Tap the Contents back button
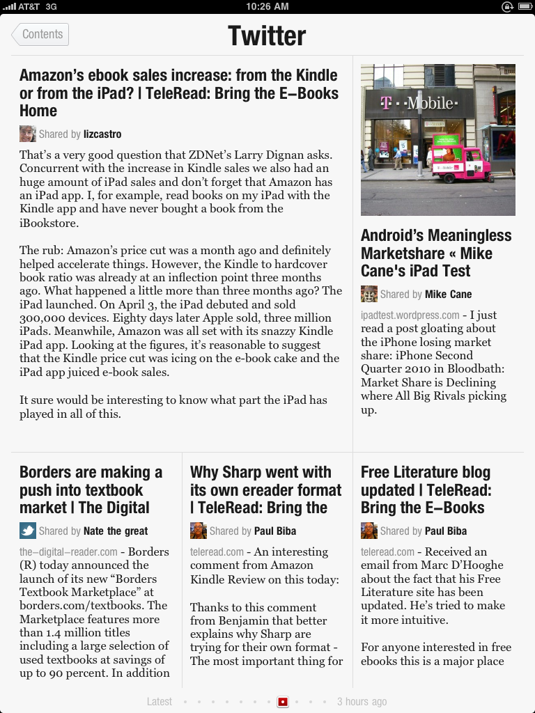click(x=40, y=34)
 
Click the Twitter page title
click(x=267, y=36)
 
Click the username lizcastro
click(x=102, y=134)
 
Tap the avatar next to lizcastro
click(x=27, y=134)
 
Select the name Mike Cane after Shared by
click(x=448, y=294)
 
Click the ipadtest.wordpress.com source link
click(x=410, y=315)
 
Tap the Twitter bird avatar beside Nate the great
click(x=27, y=531)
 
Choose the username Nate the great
click(x=116, y=531)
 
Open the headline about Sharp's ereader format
click(x=265, y=489)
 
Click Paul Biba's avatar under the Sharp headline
click(x=198, y=531)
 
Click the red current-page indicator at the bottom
click(x=283, y=702)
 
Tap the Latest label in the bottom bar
click(x=160, y=702)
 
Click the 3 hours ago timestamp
click(x=362, y=702)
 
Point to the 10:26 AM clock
click(x=267, y=6)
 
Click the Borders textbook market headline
click(x=91, y=489)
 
